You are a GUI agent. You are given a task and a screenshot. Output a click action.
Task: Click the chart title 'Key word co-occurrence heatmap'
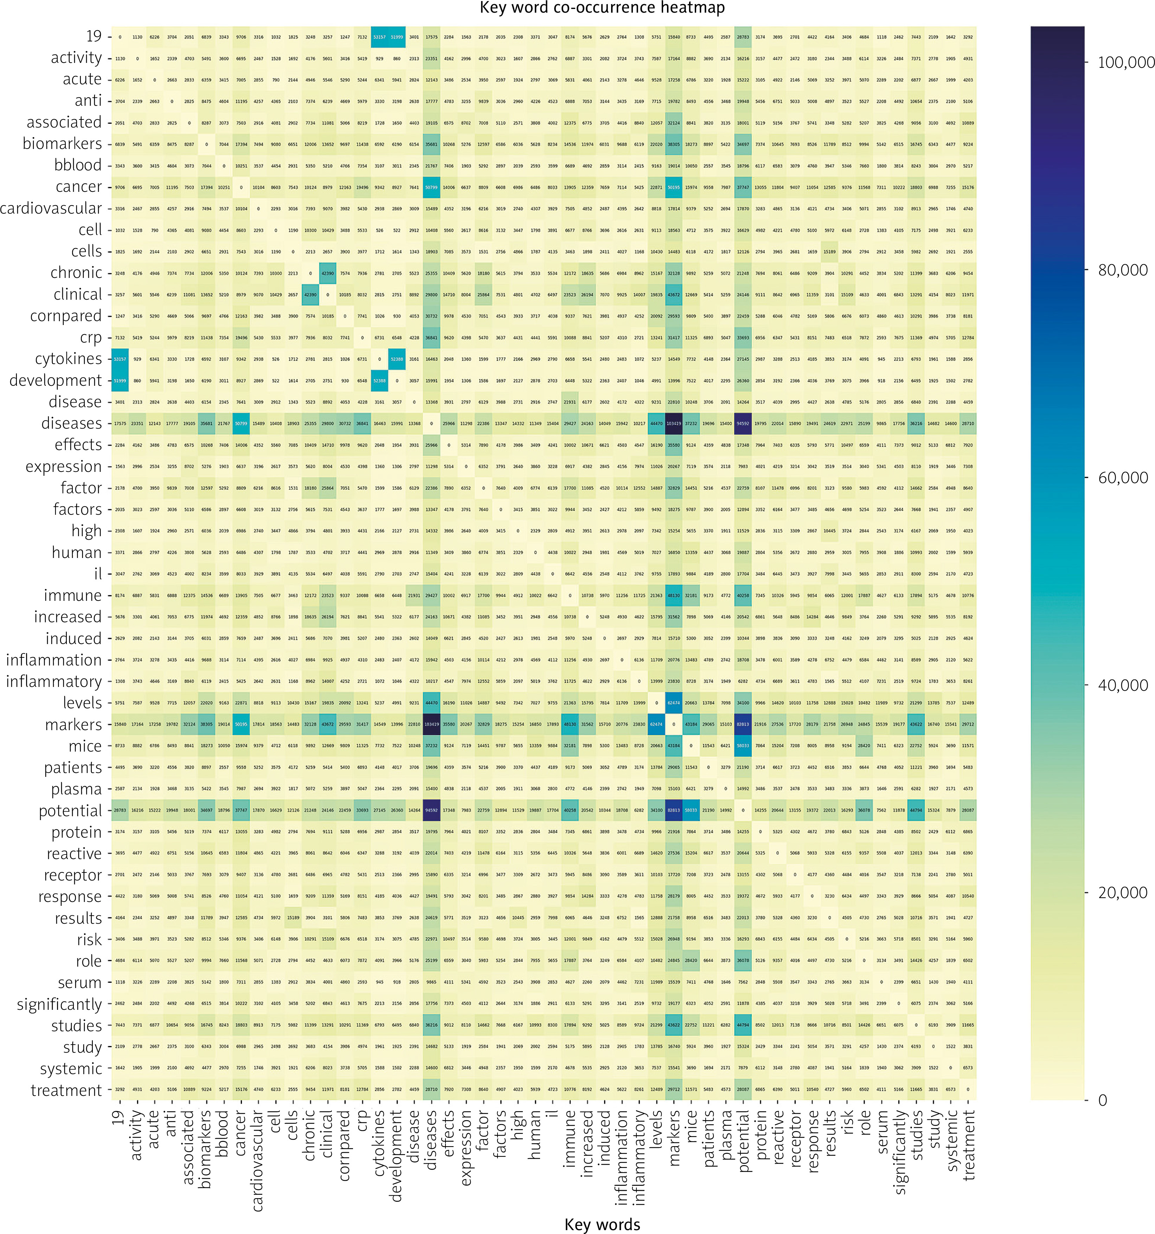(x=602, y=8)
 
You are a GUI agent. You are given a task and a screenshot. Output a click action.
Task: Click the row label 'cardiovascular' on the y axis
(x=51, y=209)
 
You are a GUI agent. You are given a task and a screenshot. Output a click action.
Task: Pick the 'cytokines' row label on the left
(x=68, y=359)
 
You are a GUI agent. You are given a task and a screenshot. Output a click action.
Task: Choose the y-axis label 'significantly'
(x=59, y=1004)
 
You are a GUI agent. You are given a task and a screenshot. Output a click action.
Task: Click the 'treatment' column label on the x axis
(x=968, y=1145)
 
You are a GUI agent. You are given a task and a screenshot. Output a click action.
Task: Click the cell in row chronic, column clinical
(x=327, y=273)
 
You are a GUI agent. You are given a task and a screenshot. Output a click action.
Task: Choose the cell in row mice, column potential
(x=743, y=746)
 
